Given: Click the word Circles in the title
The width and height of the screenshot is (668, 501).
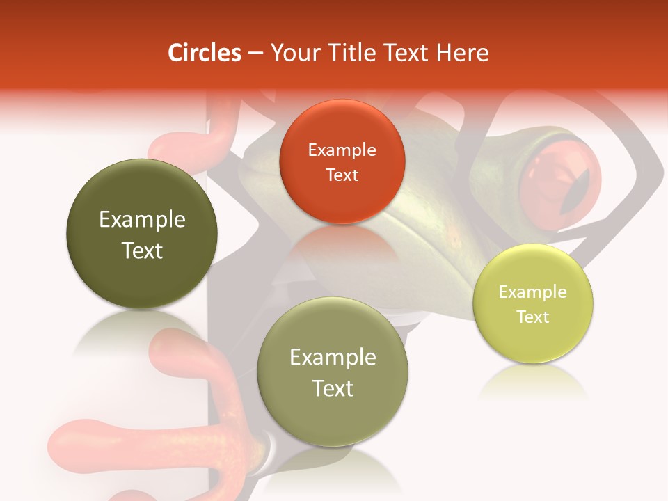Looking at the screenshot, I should (x=204, y=53).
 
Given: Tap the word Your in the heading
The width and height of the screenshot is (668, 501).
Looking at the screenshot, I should (x=292, y=53).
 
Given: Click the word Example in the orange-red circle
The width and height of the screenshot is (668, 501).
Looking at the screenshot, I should (x=342, y=150).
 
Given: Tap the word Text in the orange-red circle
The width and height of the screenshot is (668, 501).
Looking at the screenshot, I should (x=342, y=175).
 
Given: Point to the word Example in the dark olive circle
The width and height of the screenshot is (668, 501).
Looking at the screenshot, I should (x=142, y=220).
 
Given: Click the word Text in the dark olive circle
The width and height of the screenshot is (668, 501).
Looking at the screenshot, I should (x=142, y=251).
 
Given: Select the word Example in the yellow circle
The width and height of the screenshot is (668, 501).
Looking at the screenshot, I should (x=533, y=292).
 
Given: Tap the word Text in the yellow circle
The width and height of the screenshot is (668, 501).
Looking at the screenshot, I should (x=533, y=317).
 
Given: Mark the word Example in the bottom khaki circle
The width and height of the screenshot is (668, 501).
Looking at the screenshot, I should (x=333, y=358).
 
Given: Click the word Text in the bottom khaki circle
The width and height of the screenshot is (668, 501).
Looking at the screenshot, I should (x=333, y=388).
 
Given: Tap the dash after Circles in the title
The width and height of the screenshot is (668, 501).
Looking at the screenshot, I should (x=255, y=54).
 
